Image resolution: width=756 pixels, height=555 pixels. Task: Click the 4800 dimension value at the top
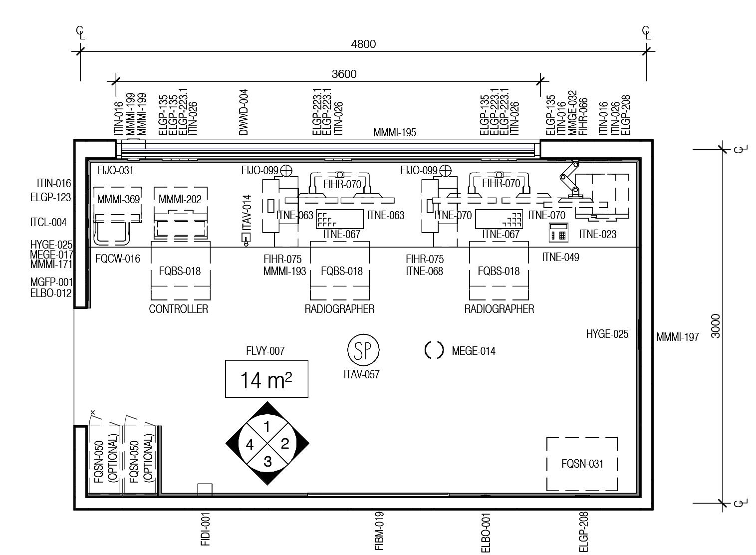(x=363, y=44)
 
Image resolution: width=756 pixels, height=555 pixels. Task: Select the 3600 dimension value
(x=344, y=74)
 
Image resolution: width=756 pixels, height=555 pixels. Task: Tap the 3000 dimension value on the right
(x=716, y=326)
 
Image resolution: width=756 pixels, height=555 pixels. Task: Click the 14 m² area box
(x=266, y=379)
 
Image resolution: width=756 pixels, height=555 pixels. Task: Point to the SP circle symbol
(x=363, y=350)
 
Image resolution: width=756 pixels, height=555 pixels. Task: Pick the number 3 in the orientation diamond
(x=267, y=462)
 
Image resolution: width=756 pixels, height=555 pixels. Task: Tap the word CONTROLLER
(x=178, y=309)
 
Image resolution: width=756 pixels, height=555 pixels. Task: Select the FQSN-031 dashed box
(x=582, y=464)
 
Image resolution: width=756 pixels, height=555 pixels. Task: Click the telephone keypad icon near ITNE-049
(x=558, y=233)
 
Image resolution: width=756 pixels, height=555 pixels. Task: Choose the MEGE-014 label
(x=473, y=351)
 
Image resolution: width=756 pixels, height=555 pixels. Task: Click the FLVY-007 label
(x=265, y=351)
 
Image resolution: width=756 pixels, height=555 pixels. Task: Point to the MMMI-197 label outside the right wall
(x=677, y=337)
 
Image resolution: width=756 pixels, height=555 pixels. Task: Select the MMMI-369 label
(x=118, y=200)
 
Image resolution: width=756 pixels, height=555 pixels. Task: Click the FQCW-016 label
(x=117, y=259)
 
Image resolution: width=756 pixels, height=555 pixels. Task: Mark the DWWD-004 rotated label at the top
(x=244, y=112)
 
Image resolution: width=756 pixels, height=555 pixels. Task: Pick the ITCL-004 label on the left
(x=48, y=223)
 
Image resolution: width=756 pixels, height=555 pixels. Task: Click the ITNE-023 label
(x=597, y=234)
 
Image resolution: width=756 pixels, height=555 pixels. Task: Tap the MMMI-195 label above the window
(x=394, y=133)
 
